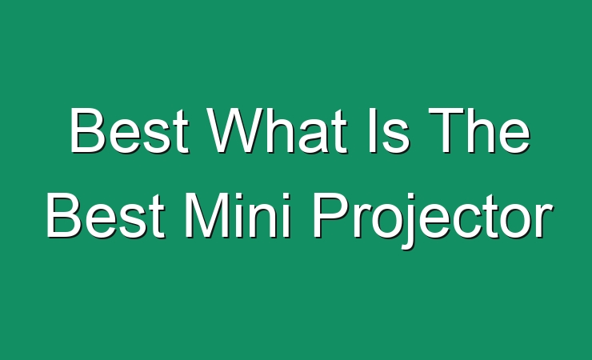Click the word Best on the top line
(x=129, y=130)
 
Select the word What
(x=278, y=130)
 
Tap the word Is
(x=389, y=130)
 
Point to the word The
(x=479, y=130)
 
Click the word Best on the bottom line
(x=106, y=215)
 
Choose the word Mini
(x=238, y=215)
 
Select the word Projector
(x=433, y=221)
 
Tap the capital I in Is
(x=373, y=130)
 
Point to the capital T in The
(x=446, y=130)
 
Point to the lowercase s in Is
(x=396, y=137)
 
